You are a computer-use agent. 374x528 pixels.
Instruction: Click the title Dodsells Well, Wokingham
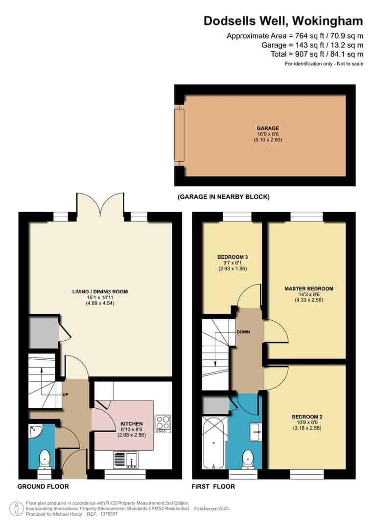click(x=283, y=21)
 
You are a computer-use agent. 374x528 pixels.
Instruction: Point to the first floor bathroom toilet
click(x=248, y=459)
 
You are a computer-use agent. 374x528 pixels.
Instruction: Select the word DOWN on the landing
click(x=243, y=332)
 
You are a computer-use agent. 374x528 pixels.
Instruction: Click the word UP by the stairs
click(x=65, y=395)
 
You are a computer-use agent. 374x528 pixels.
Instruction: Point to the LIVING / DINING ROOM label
click(x=100, y=292)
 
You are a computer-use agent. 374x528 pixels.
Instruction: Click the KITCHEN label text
click(x=131, y=423)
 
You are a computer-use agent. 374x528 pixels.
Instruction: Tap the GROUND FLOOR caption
click(x=43, y=486)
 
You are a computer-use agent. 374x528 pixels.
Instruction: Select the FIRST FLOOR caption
click(x=213, y=486)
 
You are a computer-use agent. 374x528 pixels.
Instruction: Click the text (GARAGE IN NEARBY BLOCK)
click(x=223, y=197)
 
